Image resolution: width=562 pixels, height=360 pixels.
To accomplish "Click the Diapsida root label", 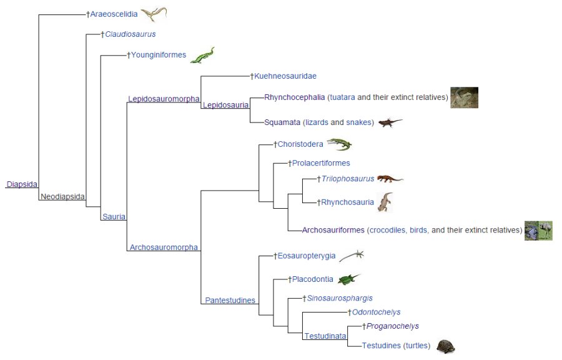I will coord(22,184).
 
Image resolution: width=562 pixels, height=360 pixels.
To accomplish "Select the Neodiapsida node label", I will coord(62,196).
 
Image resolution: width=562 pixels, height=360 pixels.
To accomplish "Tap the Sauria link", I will coord(114,217).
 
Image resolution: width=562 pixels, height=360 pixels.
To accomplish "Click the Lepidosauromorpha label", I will coord(164,99).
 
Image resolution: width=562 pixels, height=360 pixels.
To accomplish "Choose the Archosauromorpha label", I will coord(164,247).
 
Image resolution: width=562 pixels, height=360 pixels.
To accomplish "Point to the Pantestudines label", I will coord(230,300).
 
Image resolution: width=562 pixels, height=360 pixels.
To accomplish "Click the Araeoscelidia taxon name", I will coord(114,14).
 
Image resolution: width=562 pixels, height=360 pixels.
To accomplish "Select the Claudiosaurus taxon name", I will coord(130,34).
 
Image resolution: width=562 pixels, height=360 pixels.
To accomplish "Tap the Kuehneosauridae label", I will coord(285,76).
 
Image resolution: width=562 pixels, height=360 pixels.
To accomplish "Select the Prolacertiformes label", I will coord(321,163).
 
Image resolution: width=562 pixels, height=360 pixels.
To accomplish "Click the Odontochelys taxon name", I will coord(376,312).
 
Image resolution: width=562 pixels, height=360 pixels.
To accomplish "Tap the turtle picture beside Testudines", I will coord(445,346).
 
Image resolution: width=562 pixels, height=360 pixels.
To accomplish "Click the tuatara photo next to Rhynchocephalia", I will coord(464,97).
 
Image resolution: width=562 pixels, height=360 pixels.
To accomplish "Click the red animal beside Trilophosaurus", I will coord(390,179).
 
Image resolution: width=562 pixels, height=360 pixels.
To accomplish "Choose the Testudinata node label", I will coord(325,336).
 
